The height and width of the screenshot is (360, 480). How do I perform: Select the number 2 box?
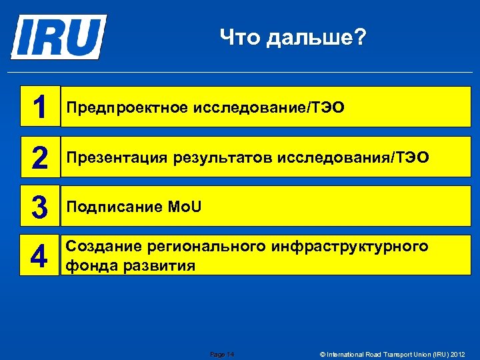coord(40,157)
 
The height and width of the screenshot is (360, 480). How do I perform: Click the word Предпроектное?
coord(127,107)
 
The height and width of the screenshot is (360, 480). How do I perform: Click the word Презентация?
coord(117,157)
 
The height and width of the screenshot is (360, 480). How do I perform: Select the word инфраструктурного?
coord(350,247)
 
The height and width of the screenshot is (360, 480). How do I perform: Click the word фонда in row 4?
coord(84,266)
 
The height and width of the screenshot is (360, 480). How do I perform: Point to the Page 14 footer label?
coord(222,353)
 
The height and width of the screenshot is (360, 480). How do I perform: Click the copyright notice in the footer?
coord(392,353)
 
